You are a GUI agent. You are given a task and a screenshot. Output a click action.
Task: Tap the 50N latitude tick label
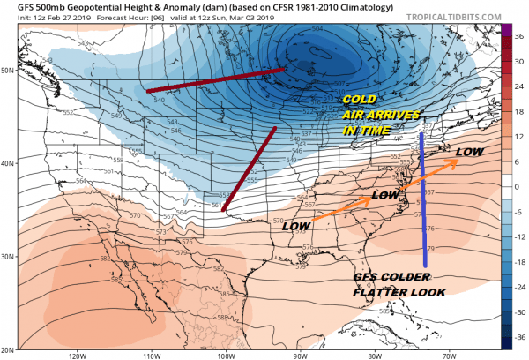click(10, 70)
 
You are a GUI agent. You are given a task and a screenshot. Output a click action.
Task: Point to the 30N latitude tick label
click(10, 256)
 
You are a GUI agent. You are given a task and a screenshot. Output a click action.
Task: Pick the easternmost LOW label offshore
click(470, 152)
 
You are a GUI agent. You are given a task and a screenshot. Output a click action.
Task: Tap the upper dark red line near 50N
click(216, 80)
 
